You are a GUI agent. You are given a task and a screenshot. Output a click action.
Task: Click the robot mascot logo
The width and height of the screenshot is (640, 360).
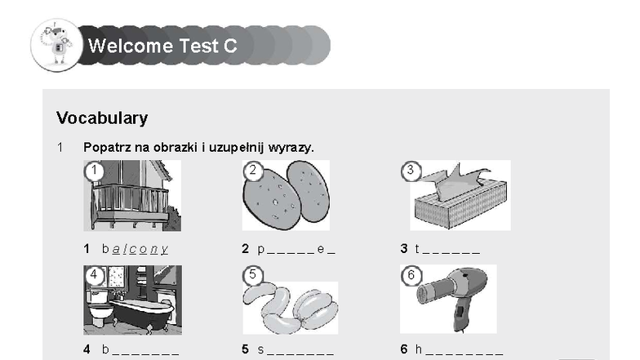[57, 45]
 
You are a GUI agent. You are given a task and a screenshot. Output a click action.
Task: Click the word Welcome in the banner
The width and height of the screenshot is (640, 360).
[131, 46]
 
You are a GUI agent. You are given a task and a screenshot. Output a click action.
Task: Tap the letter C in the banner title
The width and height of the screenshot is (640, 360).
[230, 46]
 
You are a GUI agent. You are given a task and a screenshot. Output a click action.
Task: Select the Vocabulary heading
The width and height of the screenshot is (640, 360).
[102, 118]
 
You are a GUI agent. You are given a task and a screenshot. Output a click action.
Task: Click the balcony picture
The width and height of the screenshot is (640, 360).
[132, 196]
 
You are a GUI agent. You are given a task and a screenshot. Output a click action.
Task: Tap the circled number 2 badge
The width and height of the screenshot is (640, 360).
[253, 170]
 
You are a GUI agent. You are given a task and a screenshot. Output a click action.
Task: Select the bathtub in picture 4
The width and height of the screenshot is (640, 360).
[140, 314]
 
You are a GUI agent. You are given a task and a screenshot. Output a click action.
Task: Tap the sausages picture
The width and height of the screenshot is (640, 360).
[291, 307]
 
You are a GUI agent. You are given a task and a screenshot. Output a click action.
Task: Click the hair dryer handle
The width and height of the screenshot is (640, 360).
[462, 313]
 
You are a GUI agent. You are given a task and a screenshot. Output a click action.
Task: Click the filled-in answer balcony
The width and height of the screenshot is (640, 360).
[136, 248]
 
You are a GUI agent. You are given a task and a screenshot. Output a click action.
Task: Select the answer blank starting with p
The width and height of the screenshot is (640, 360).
[296, 249]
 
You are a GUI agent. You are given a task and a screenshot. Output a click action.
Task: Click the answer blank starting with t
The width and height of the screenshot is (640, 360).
[447, 248]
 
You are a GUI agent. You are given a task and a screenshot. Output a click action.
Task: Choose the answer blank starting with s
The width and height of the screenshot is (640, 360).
[296, 349]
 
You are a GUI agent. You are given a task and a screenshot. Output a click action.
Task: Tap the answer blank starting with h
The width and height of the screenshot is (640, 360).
[459, 349]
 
